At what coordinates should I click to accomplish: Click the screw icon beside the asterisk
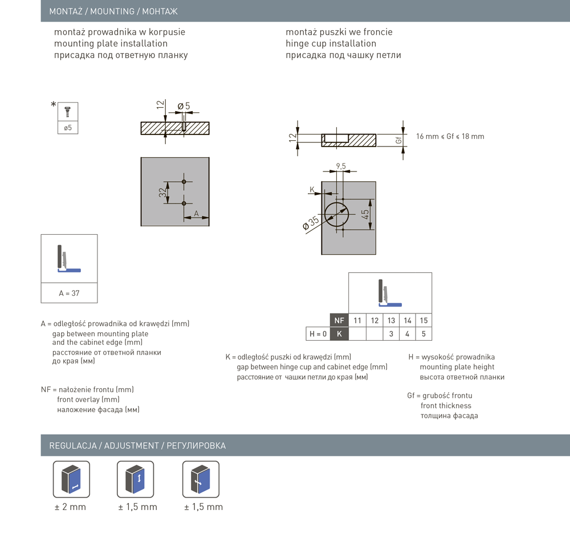tap(68, 111)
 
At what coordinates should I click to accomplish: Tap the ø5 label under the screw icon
tap(68, 128)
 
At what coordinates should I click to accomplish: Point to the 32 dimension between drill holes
tap(162, 193)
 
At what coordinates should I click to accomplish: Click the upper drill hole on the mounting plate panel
tap(184, 182)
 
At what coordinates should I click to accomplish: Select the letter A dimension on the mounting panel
tap(196, 213)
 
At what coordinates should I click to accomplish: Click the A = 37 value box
tap(69, 294)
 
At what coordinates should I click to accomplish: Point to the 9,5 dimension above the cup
tap(341, 166)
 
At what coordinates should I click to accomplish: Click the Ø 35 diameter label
tap(310, 223)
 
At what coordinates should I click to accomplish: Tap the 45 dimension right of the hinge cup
tap(365, 214)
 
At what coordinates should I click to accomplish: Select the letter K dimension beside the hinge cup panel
tap(312, 189)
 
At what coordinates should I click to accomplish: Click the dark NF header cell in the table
tap(339, 320)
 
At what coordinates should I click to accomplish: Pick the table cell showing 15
tap(424, 320)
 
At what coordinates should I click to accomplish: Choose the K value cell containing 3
tap(391, 334)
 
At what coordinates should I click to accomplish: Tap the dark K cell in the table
tap(339, 334)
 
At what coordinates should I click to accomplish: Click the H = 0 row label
tap(317, 334)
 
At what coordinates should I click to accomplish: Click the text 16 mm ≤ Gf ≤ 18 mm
tap(450, 137)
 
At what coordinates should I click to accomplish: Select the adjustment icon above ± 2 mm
tap(71, 479)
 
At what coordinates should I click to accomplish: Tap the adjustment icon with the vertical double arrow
tap(136, 479)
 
